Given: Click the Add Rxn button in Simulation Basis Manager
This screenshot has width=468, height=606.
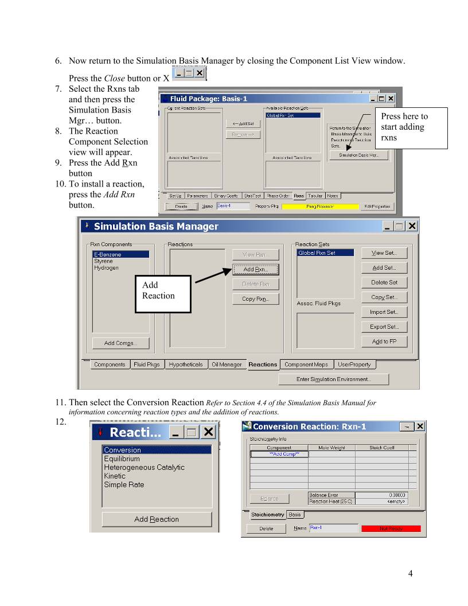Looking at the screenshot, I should pyautogui.click(x=255, y=269).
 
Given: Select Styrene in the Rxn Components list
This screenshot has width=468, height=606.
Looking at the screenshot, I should pyautogui.click(x=103, y=261).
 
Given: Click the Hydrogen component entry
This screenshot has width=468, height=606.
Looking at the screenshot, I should pyautogui.click(x=106, y=268).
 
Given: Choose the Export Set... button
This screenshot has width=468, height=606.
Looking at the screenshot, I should pyautogui.click(x=384, y=327).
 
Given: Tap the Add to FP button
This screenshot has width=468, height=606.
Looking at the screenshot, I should pyautogui.click(x=384, y=341).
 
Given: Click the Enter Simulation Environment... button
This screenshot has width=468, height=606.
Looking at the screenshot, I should pyautogui.click(x=333, y=379).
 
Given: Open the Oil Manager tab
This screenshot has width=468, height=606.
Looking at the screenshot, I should pyautogui.click(x=227, y=364).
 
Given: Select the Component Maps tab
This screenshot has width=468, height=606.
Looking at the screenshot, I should pyautogui.click(x=306, y=364).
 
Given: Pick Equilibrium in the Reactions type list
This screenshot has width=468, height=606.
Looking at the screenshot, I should pyautogui.click(x=122, y=459).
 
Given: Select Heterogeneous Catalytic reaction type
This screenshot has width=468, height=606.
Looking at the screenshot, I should pyautogui.click(x=144, y=467).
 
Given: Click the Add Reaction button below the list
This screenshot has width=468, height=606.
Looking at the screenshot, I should pyautogui.click(x=157, y=519).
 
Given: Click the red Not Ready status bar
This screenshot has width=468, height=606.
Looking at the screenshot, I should pyautogui.click(x=391, y=529).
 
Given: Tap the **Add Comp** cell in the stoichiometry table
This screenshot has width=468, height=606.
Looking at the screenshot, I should pyautogui.click(x=279, y=454).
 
